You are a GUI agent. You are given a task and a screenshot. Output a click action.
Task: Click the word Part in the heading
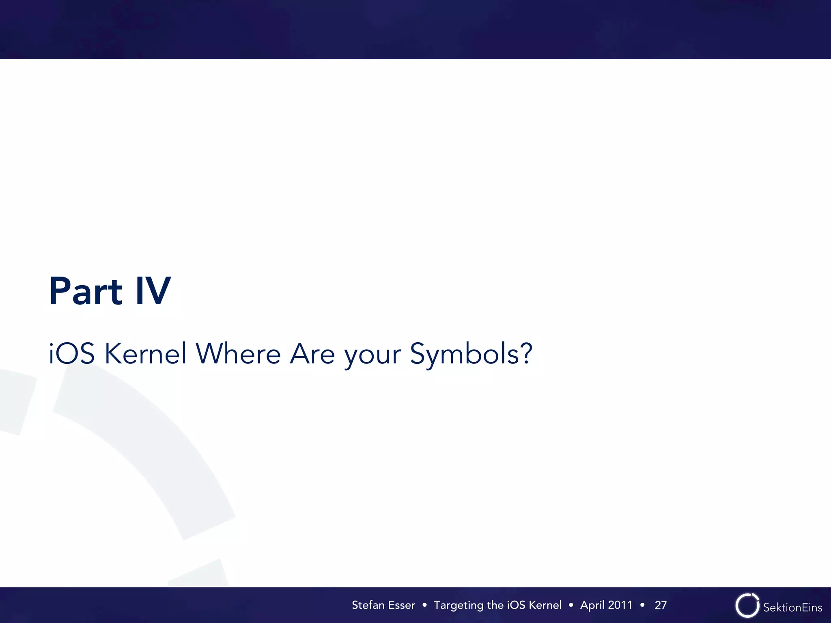(x=85, y=291)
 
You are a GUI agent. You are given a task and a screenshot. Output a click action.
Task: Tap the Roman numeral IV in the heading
(x=153, y=291)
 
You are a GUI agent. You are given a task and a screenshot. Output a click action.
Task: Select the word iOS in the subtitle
(x=72, y=354)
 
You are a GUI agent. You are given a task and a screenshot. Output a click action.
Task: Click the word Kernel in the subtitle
(x=146, y=354)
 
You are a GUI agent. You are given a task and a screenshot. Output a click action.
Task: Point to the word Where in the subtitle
(x=238, y=354)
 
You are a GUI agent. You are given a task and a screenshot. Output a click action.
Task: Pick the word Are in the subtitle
(x=312, y=354)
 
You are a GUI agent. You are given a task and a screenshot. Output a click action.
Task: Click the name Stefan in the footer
(x=368, y=605)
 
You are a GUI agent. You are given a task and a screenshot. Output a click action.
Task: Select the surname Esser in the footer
(x=402, y=605)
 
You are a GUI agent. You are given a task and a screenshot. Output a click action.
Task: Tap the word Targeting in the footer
(x=459, y=606)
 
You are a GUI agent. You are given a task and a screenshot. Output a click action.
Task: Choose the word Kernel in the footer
(x=545, y=605)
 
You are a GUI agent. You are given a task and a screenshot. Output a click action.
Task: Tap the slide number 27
(x=661, y=605)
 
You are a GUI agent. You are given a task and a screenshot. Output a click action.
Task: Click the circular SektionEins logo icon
(x=747, y=606)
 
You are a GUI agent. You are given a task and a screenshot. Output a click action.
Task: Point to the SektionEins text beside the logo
(x=792, y=607)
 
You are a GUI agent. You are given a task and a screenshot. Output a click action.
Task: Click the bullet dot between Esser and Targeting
(x=424, y=605)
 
